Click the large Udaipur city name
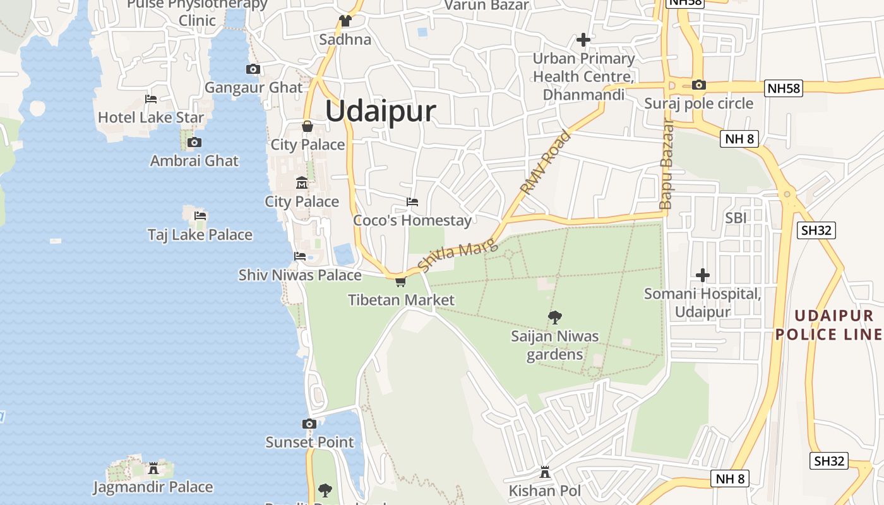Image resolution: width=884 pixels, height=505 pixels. (x=381, y=112)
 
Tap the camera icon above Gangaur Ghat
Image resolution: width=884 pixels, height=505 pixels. (x=253, y=69)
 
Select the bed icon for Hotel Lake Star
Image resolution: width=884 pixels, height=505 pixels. (x=151, y=98)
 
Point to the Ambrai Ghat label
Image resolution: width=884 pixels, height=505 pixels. (x=194, y=161)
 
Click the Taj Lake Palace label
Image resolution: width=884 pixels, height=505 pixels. (x=200, y=235)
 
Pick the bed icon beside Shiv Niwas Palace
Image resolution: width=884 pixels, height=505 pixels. (x=300, y=256)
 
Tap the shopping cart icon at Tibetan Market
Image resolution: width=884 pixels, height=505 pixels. (x=400, y=282)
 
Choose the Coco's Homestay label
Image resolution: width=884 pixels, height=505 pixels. (x=412, y=220)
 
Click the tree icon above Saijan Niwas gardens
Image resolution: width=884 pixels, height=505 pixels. (x=555, y=317)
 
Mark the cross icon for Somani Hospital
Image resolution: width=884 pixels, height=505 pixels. (x=703, y=275)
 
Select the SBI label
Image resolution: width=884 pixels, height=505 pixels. (x=736, y=218)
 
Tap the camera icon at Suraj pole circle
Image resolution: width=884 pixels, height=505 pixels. (x=699, y=85)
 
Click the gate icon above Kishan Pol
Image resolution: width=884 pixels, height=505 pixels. (x=545, y=472)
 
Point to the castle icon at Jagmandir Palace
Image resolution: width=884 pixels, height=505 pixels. (x=153, y=468)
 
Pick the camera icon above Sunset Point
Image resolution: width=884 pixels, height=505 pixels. (x=309, y=424)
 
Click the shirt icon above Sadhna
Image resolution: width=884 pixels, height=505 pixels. (x=345, y=21)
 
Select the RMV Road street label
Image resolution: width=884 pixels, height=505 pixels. (x=546, y=162)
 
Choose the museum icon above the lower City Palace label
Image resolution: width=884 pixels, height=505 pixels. (x=302, y=183)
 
